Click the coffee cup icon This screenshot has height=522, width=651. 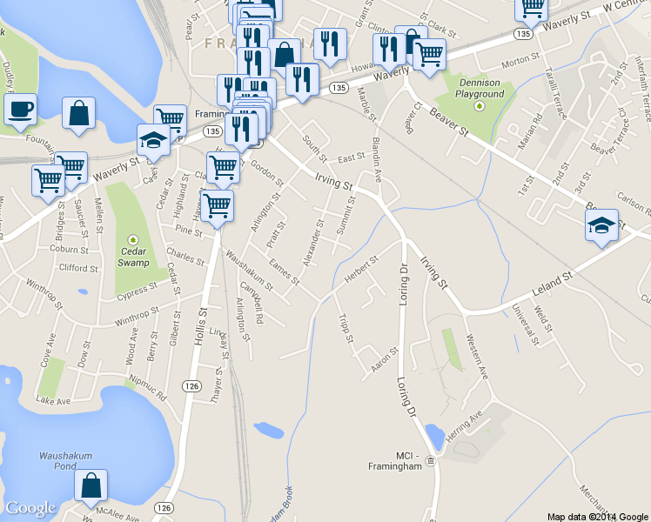19,110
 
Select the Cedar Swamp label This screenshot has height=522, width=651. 133,257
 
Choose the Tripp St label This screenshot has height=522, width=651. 346,328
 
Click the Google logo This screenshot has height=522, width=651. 30,508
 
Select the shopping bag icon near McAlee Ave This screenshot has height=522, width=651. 91,487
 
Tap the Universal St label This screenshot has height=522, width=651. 525,323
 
